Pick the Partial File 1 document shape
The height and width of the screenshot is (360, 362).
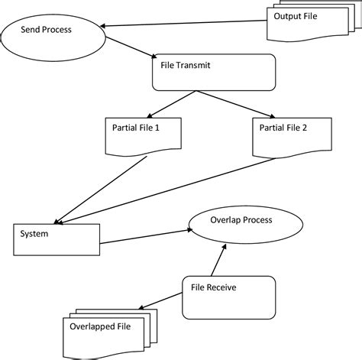pos(141,134)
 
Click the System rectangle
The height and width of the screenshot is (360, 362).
pos(57,238)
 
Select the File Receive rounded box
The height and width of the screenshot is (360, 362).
pos(227,296)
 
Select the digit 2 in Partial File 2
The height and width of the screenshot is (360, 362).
pos(305,127)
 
